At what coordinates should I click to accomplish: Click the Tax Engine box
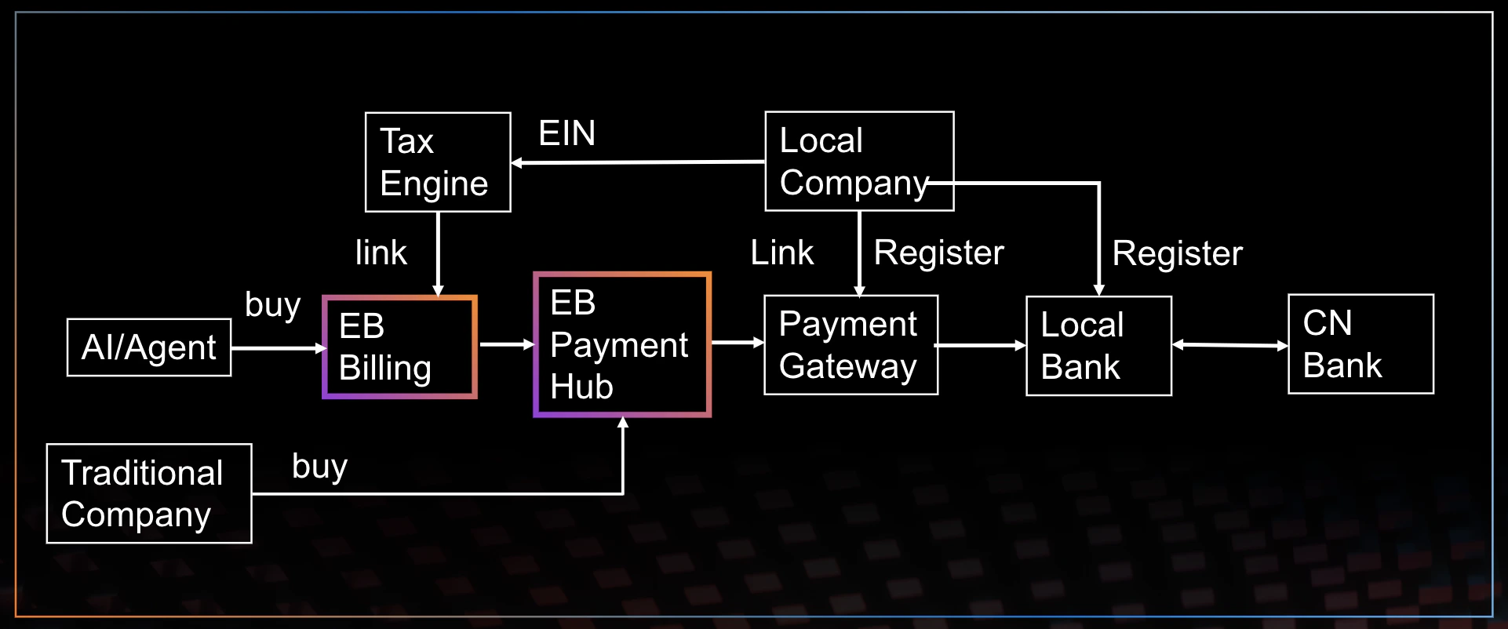point(438,162)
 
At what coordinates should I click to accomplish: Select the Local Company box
point(859,162)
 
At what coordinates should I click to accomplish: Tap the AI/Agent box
point(149,347)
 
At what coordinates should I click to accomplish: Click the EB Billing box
point(399,347)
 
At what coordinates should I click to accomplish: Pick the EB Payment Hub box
point(622,344)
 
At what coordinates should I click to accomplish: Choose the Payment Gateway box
point(851,345)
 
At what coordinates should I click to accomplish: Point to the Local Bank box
point(1098,346)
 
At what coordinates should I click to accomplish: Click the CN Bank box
point(1360,344)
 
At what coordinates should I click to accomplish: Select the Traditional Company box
point(149,493)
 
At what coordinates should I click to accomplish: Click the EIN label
point(566,133)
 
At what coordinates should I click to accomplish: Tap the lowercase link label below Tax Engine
point(381,253)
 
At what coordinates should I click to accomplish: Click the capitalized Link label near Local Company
point(781,253)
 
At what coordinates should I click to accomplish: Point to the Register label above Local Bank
point(1177,253)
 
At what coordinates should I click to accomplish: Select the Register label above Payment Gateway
point(938,253)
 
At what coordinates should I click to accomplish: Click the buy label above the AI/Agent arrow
point(272,305)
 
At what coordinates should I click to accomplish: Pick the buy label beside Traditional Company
point(319,466)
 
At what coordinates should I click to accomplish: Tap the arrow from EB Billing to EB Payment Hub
point(506,344)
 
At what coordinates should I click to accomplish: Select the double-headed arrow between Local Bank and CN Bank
point(1229,344)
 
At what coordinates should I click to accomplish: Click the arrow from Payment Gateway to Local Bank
point(981,345)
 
